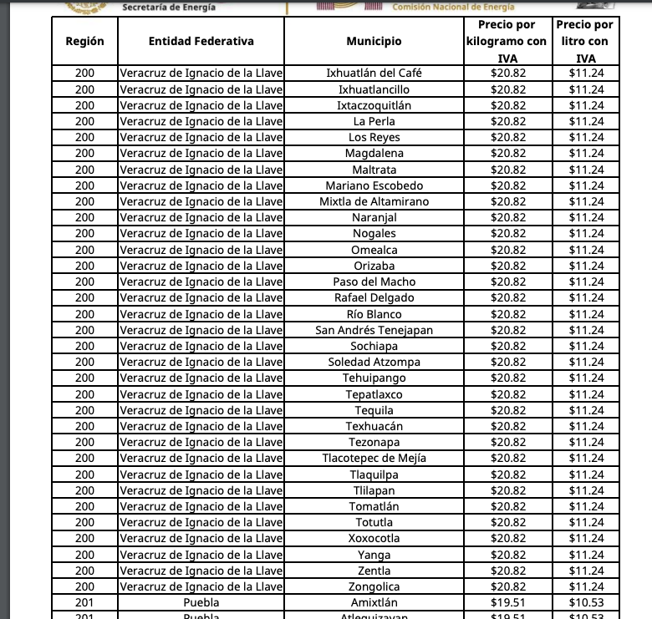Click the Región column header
(84, 41)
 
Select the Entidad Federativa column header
(201, 41)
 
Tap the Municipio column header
(374, 41)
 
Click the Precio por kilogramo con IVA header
(507, 41)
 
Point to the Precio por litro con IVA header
(585, 41)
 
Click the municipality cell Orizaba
(374, 266)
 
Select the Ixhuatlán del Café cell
(374, 73)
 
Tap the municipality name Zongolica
(374, 586)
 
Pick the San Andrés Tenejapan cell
(374, 330)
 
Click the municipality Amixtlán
(374, 602)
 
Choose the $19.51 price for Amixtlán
(507, 602)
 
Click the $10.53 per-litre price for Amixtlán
(586, 602)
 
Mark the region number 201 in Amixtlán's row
(84, 602)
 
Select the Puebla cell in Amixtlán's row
(201, 602)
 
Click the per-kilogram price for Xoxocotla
(507, 538)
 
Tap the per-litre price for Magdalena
(586, 153)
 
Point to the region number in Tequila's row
(84, 410)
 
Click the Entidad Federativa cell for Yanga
(201, 555)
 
